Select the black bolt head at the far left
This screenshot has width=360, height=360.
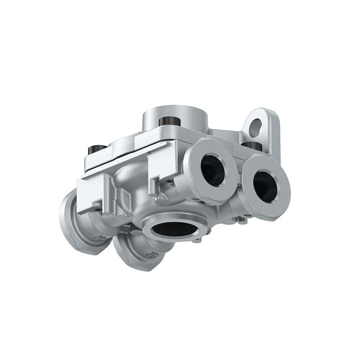[x=95, y=148]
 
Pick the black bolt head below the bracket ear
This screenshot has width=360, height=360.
[x=253, y=146]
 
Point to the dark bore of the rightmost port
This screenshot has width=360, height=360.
[x=265, y=185]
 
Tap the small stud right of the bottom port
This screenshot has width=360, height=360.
[x=208, y=233]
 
